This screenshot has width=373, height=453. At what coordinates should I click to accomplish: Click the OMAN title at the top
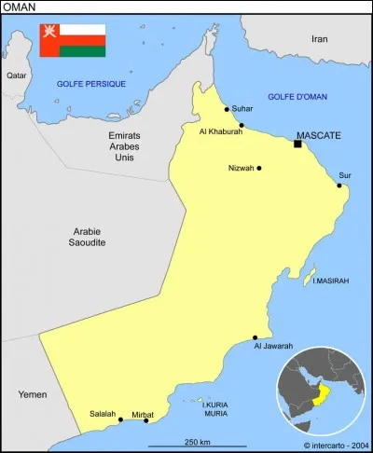[x=21, y=7]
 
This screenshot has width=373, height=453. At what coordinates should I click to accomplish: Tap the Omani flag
[x=72, y=41]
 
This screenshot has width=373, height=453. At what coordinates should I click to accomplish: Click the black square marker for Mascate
[x=297, y=144]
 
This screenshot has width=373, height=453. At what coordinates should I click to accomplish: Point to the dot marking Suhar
[x=227, y=109]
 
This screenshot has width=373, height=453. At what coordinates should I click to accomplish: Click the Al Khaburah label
[x=220, y=131]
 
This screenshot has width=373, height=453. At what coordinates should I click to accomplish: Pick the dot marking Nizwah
[x=258, y=169]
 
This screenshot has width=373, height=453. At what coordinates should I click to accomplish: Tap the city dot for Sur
[x=339, y=185]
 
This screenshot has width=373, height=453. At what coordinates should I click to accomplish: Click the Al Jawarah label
[x=273, y=346]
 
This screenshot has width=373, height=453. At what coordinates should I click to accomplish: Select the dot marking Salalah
[x=120, y=420]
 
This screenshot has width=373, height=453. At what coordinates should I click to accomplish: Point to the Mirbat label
[x=143, y=413]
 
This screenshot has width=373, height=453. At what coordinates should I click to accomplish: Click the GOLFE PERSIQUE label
[x=91, y=84]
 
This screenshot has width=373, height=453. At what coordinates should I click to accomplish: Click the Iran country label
[x=320, y=39]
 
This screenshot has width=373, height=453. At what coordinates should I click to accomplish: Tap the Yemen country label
[x=32, y=395]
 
